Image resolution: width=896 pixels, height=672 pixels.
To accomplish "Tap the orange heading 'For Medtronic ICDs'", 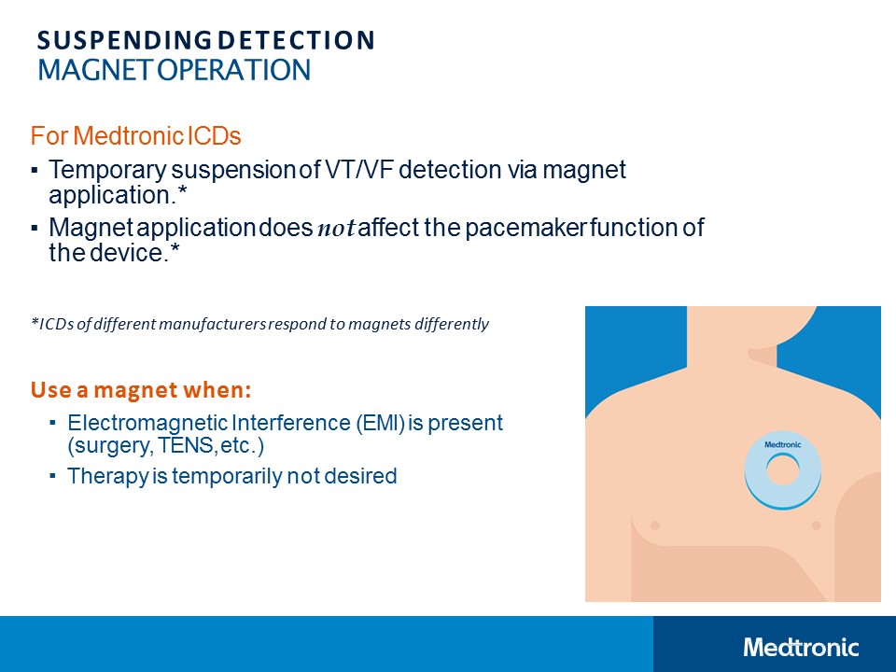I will pos(136,136).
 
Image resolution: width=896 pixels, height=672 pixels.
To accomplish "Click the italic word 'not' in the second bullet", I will pos(337,229).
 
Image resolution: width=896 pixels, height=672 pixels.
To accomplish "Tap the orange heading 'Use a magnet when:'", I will pos(141,387).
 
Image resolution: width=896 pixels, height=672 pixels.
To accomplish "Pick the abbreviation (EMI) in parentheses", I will pos(378,423).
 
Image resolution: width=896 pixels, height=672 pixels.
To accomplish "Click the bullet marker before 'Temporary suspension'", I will pos(35,172).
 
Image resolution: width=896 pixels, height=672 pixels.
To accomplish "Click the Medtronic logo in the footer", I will pos(801,647).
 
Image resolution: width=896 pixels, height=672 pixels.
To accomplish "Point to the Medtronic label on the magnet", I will pos(781,445).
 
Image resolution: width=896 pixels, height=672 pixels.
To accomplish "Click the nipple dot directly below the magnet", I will pos(816,526).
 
